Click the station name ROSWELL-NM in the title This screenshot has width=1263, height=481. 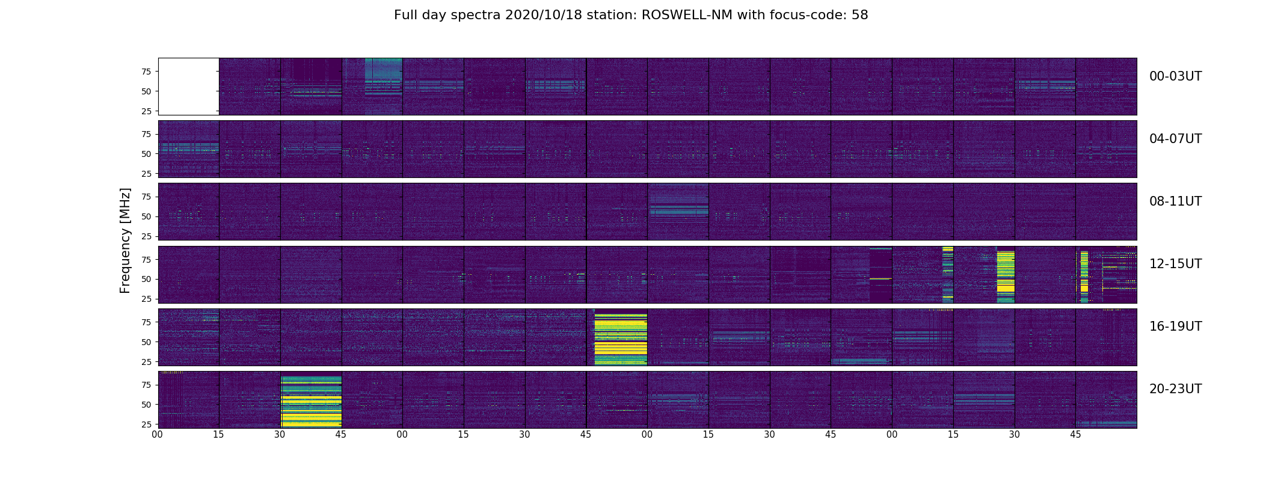(x=687, y=15)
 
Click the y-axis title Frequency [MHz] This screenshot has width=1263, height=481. (x=125, y=240)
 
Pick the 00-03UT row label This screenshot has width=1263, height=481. (x=1175, y=76)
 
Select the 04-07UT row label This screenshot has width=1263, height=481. (x=1175, y=139)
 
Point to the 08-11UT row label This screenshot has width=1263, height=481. (x=1175, y=201)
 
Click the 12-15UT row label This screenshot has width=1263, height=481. (x=1175, y=264)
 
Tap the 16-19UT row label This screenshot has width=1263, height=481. (x=1175, y=326)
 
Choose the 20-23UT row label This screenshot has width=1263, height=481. (x=1175, y=389)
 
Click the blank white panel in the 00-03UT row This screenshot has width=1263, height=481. (x=188, y=86)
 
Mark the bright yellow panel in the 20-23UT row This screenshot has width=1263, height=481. (x=311, y=402)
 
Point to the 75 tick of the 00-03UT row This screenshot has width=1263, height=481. (x=147, y=72)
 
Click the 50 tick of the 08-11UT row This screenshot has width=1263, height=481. (x=147, y=216)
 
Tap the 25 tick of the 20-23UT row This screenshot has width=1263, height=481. (x=147, y=424)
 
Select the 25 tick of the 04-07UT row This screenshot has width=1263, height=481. (x=147, y=174)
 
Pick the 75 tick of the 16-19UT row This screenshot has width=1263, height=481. (x=147, y=322)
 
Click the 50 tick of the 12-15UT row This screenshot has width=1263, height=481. (x=147, y=279)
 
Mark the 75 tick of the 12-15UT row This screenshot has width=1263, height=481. (x=147, y=260)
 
